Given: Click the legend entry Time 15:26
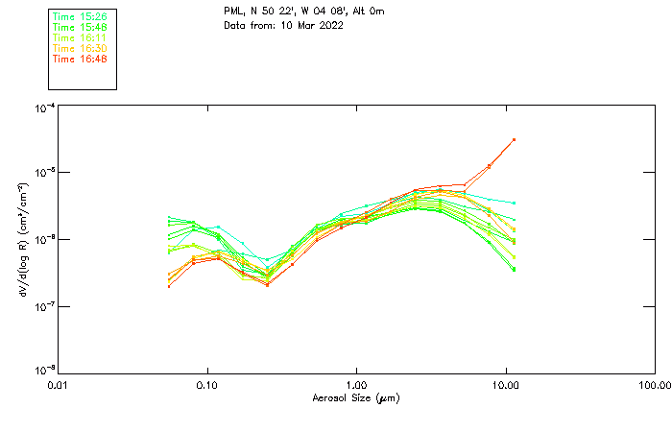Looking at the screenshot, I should [80, 17].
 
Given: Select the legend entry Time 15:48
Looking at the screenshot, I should [80, 28].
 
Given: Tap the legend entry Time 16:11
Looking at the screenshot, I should [80, 38].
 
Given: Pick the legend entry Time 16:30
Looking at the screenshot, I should [80, 49].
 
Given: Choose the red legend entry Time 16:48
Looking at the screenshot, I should [80, 60].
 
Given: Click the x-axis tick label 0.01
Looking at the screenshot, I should [58, 385].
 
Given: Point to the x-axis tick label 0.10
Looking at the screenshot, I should [206, 385].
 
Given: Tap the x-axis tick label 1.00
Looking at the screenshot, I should [356, 385].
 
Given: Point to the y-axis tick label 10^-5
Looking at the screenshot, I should [43, 172].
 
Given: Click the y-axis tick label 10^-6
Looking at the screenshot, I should [43, 239].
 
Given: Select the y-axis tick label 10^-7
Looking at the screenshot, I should [43, 305].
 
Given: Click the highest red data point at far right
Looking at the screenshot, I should [515, 139].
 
